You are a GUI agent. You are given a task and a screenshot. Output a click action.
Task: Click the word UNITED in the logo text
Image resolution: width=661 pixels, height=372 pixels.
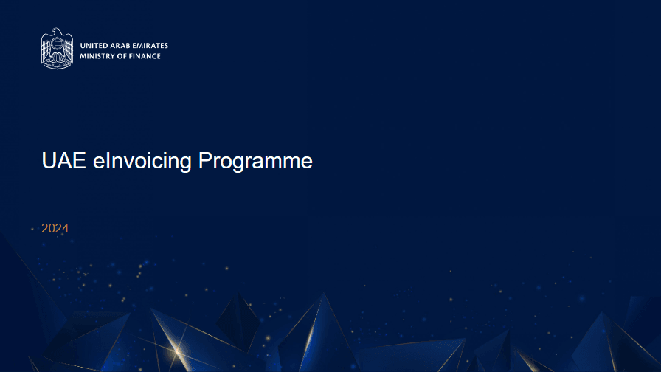(94, 46)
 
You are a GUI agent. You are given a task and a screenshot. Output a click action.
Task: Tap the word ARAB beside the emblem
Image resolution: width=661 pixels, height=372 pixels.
(120, 46)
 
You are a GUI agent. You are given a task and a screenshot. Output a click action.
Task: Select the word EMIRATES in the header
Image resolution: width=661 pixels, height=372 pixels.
(150, 46)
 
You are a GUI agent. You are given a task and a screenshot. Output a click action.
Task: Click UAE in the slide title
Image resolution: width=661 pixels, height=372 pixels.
(64, 161)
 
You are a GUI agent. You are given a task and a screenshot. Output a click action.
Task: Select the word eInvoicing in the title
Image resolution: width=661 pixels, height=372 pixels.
(142, 162)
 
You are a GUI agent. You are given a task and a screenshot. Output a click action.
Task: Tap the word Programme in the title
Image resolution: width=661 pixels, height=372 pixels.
(255, 162)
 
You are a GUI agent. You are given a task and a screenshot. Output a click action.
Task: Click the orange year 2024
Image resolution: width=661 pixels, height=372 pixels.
(55, 228)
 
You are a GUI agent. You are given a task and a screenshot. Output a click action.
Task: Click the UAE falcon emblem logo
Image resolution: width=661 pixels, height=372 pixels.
(57, 49)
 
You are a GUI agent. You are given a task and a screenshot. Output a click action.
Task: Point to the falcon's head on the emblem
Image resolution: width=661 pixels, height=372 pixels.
(57, 31)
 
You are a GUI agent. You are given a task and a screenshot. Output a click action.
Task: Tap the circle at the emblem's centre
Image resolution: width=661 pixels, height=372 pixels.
(58, 44)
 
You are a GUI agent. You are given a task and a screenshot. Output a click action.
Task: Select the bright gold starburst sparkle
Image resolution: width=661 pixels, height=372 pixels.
(178, 351)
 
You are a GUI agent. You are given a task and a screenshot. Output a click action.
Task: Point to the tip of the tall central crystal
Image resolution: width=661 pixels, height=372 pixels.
(324, 294)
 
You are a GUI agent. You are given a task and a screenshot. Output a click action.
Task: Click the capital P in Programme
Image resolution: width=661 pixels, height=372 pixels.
(204, 160)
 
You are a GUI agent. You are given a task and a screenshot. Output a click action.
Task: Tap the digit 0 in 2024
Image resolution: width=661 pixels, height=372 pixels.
(52, 228)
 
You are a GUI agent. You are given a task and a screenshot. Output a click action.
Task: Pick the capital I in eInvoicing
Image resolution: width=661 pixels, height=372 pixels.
(107, 160)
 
